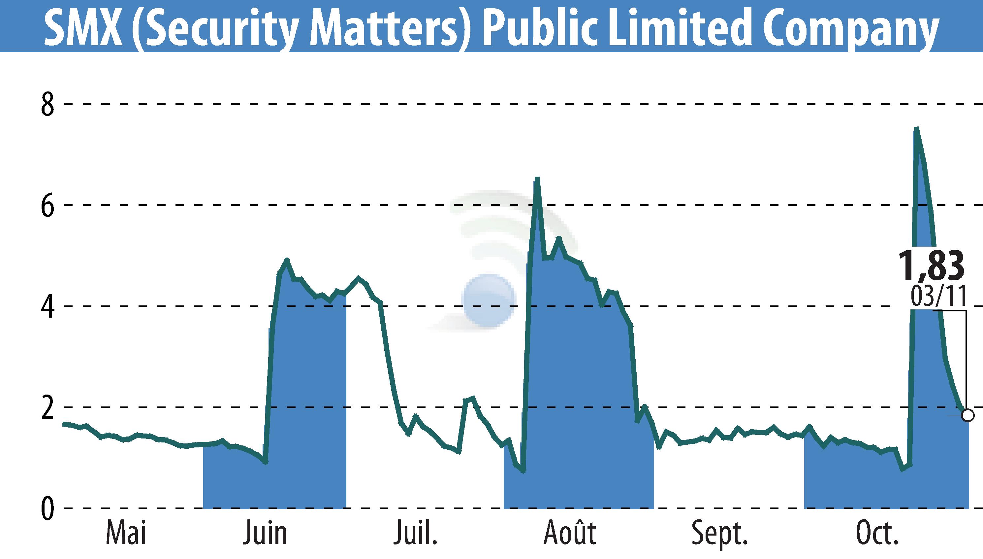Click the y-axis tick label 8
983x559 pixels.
pyautogui.click(x=48, y=104)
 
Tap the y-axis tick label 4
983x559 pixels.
pyautogui.click(x=48, y=307)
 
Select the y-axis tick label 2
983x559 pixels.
pyautogui.click(x=48, y=408)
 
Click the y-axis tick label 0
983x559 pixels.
pyautogui.click(x=48, y=509)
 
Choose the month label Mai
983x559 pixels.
pyautogui.click(x=126, y=533)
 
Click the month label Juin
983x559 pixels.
pyautogui.click(x=265, y=533)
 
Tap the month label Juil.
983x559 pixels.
pyautogui.click(x=415, y=533)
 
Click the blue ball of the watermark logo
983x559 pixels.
pyautogui.click(x=489, y=300)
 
